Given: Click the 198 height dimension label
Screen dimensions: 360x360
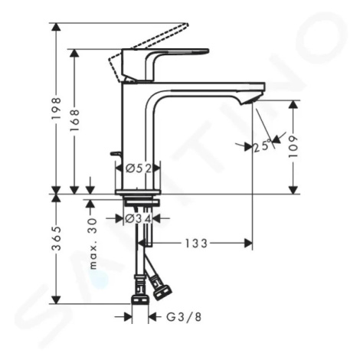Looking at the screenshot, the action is (56, 108).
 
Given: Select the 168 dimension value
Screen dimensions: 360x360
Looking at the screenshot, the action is (74, 120).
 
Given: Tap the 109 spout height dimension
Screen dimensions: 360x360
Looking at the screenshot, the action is (293, 146).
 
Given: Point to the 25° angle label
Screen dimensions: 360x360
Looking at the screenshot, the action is (262, 146).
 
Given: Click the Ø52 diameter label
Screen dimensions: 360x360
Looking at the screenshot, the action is (139, 169).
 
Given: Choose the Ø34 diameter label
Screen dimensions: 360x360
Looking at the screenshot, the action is (139, 218).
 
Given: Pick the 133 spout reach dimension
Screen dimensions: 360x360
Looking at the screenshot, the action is (196, 244).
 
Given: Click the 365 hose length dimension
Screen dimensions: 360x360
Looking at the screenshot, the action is (56, 238).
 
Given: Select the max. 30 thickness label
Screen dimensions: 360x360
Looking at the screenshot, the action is (93, 244).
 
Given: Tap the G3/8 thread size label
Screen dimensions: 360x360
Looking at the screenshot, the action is (184, 317).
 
